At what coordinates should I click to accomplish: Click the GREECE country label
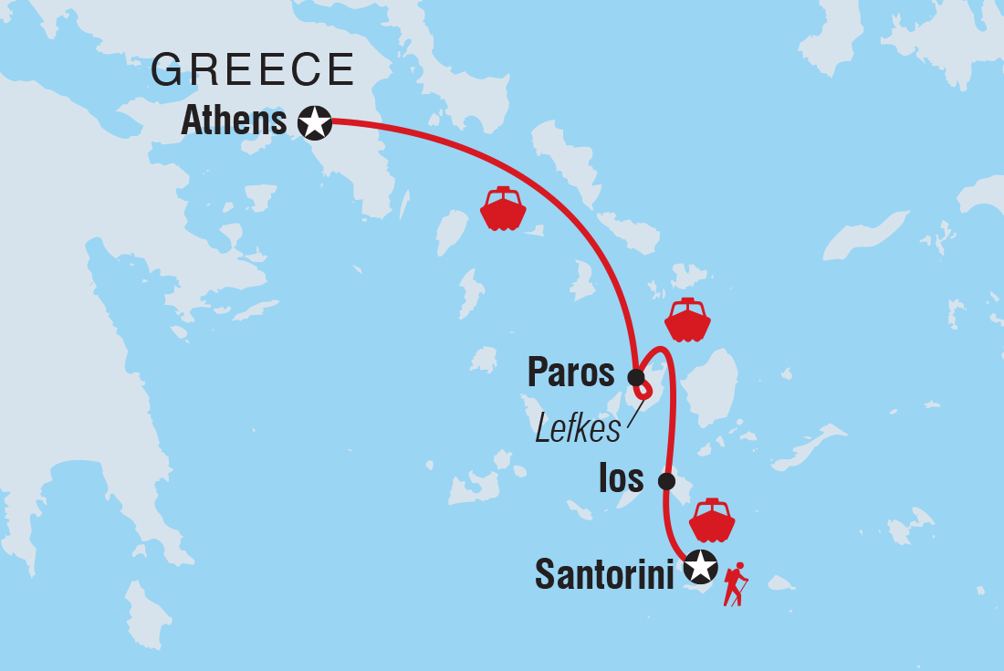(x=253, y=70)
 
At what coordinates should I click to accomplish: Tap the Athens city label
(x=235, y=121)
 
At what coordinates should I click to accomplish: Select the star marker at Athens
(x=315, y=121)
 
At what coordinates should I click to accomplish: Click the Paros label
(x=572, y=373)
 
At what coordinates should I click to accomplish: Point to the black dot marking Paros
(x=636, y=376)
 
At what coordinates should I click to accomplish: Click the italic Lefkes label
(x=578, y=428)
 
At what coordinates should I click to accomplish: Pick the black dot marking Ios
(x=666, y=481)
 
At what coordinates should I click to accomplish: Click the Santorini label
(x=604, y=573)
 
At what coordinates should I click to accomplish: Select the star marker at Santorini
(x=700, y=568)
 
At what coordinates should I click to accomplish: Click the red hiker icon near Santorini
(x=735, y=584)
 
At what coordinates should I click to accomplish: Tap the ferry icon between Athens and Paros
(x=503, y=209)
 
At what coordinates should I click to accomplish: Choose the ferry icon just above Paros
(x=687, y=320)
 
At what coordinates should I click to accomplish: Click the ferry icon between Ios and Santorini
(x=712, y=520)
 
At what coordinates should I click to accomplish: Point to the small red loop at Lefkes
(x=644, y=392)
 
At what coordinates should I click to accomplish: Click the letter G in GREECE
(x=168, y=70)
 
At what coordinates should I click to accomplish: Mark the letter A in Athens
(x=193, y=121)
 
